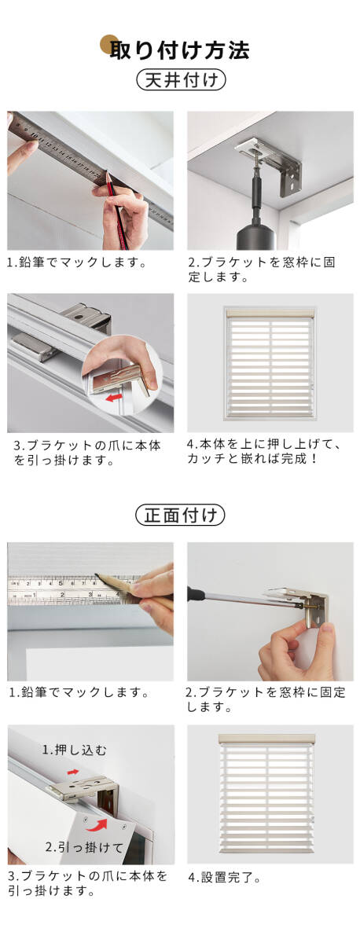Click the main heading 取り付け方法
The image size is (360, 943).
tap(180, 50)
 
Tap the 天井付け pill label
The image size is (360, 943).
tap(181, 80)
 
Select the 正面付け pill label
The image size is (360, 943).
tap(180, 515)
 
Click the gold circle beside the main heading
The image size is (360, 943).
tap(108, 44)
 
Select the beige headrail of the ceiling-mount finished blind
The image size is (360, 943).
tap(270, 314)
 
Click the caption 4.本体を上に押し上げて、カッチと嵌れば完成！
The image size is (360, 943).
tap(263, 451)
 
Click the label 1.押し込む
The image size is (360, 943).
tap(75, 750)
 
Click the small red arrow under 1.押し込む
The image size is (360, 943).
tap(73, 772)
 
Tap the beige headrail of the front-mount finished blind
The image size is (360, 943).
tap(266, 739)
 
